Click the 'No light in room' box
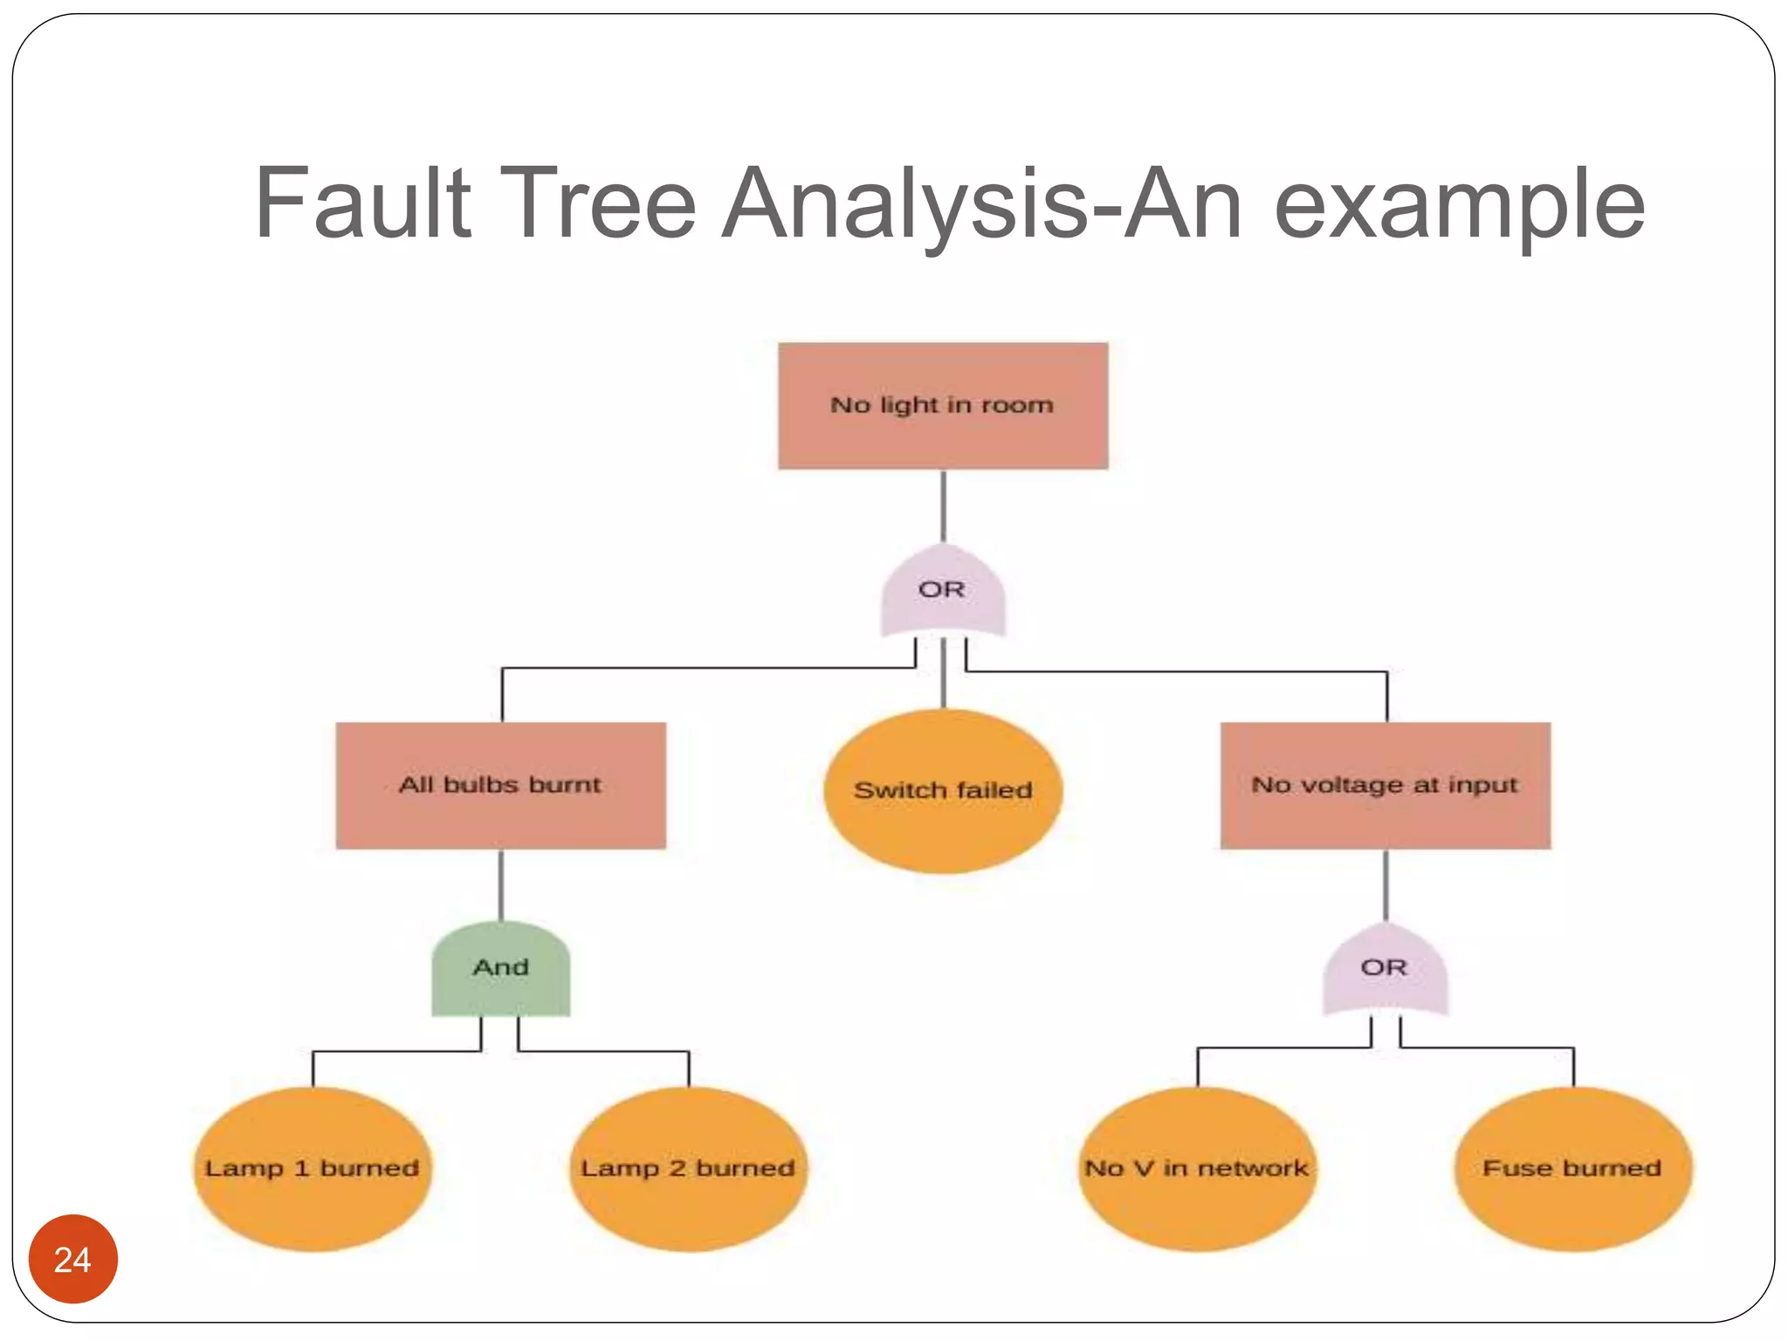[943, 406]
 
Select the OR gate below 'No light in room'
[943, 592]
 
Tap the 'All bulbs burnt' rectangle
[500, 786]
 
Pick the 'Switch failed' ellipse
[943, 791]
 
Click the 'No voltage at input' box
[1386, 786]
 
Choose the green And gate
[501, 969]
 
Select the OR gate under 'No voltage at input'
[1386, 969]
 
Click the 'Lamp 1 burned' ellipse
[313, 1169]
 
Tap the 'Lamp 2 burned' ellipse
[689, 1169]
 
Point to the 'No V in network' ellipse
[1197, 1169]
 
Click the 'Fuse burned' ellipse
[1573, 1169]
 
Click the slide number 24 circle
[73, 1259]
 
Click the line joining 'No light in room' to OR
[943, 506]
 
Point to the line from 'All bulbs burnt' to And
[501, 885]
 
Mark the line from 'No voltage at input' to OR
[1386, 885]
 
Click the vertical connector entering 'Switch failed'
[943, 674]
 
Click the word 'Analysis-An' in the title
[982, 206]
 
